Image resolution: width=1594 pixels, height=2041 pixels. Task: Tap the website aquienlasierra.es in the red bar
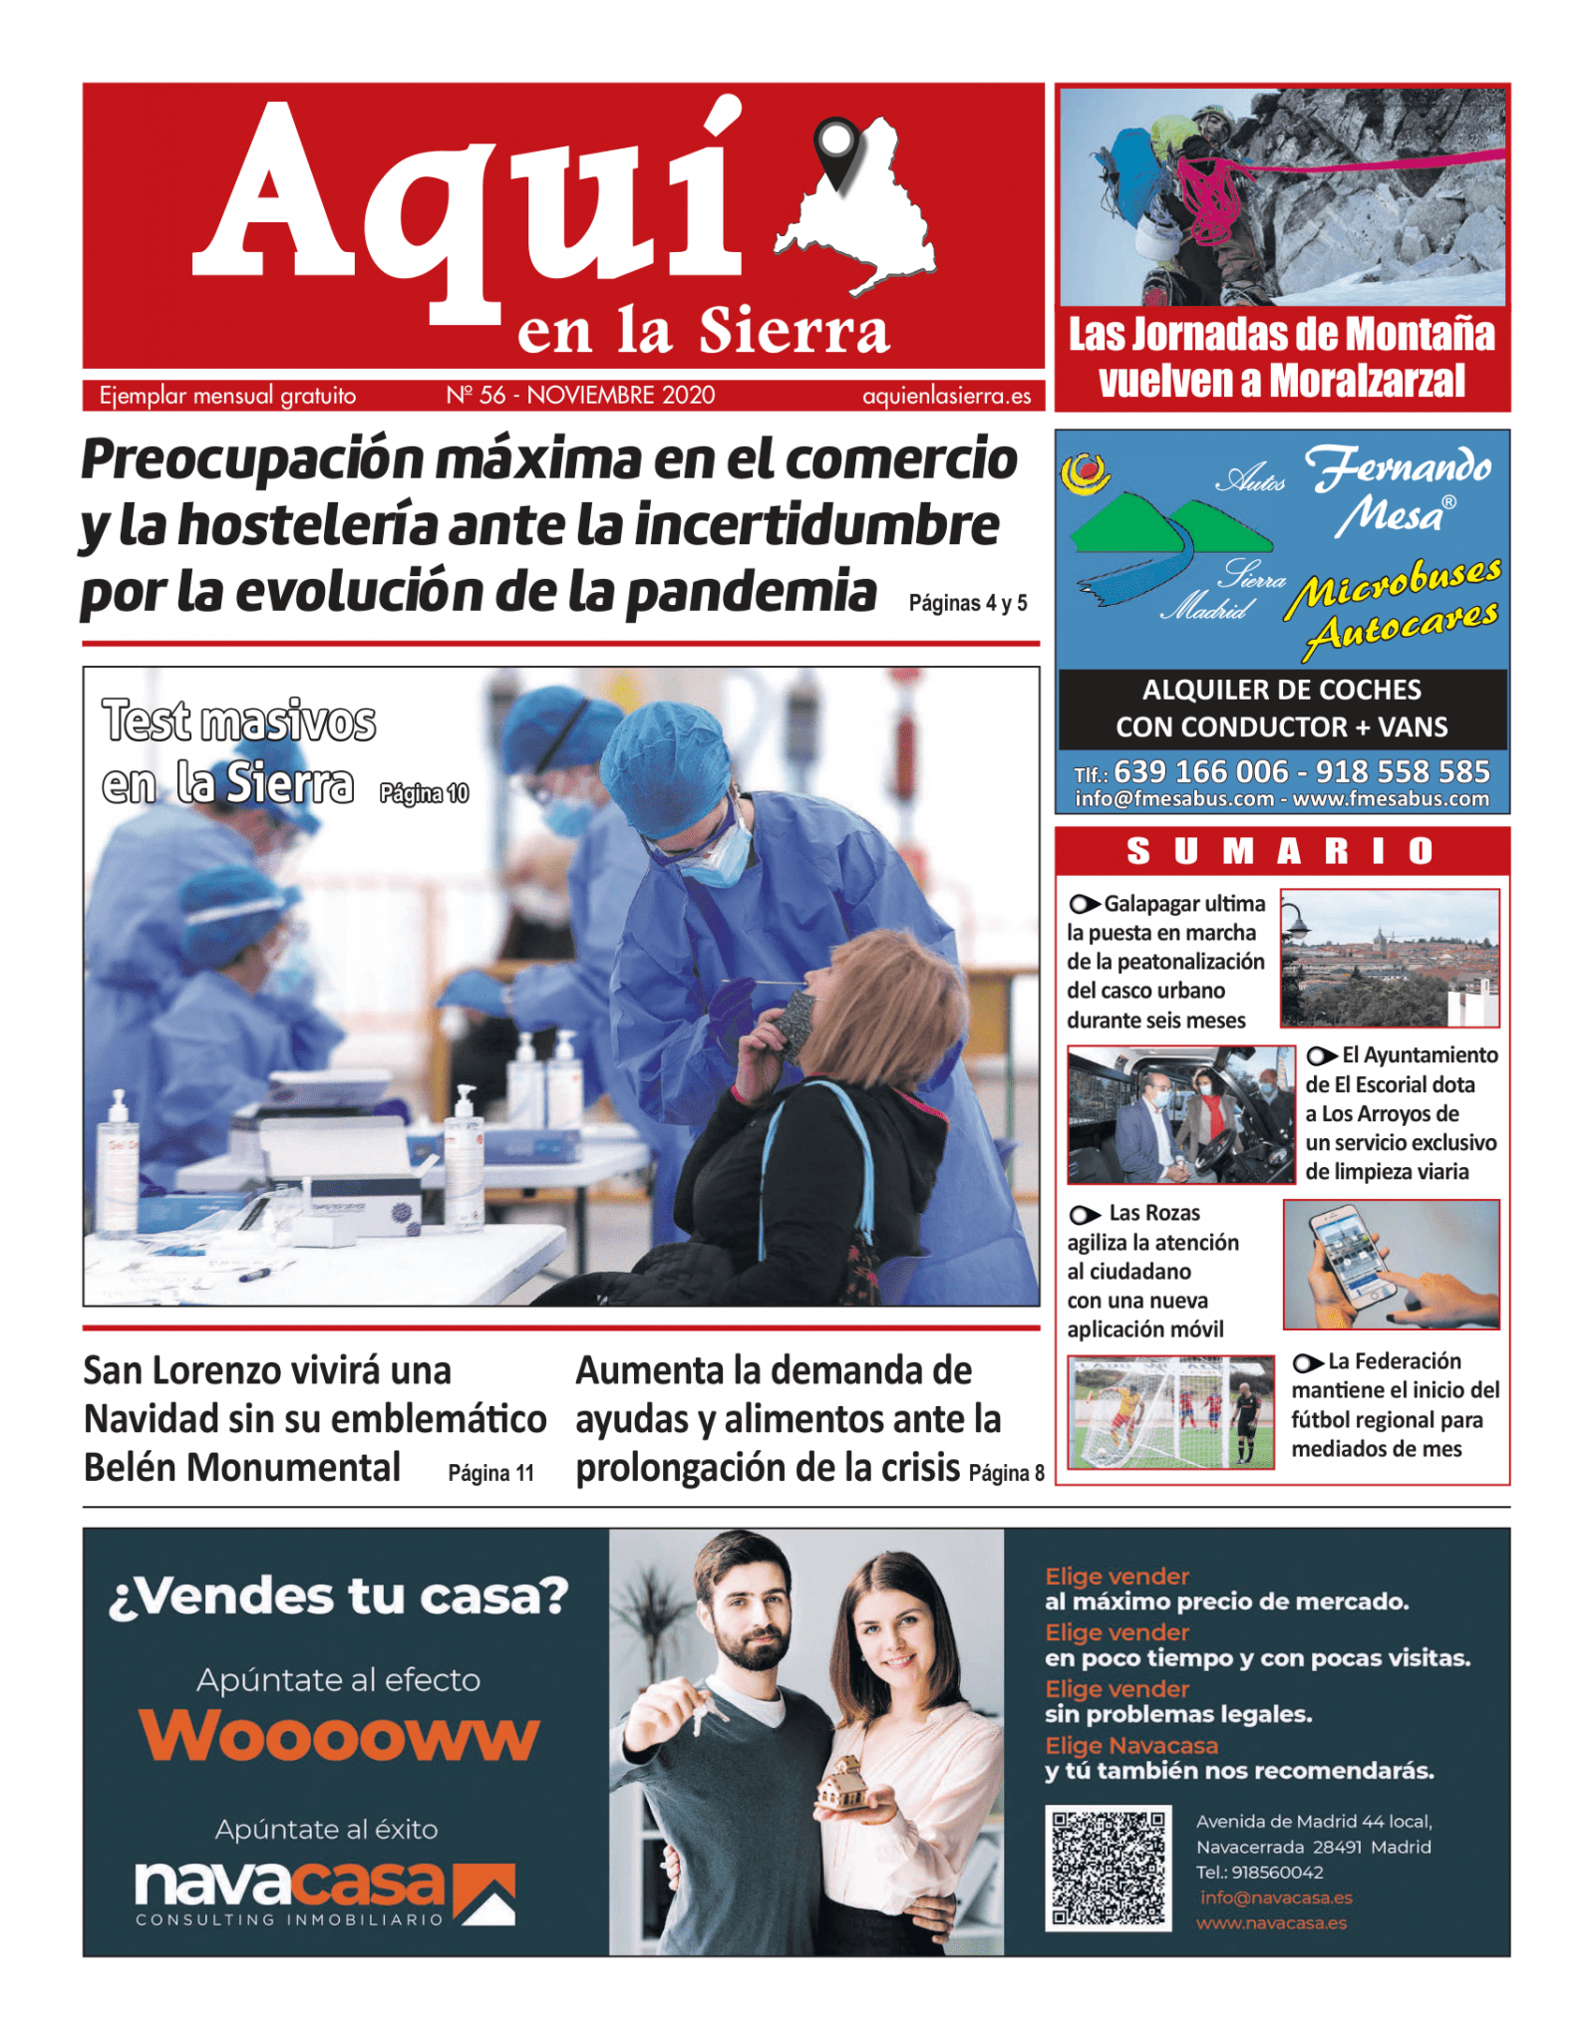click(946, 396)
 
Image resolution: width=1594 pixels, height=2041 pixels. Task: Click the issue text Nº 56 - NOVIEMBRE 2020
click(580, 396)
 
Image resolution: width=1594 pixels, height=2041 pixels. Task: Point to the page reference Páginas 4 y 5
click(967, 603)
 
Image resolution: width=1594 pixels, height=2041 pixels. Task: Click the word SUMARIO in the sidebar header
click(1281, 851)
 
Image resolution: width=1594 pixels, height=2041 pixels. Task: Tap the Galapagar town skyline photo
click(1389, 958)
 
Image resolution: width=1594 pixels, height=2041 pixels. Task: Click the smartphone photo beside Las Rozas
click(1390, 1264)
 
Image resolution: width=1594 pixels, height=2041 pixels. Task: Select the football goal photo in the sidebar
click(1170, 1411)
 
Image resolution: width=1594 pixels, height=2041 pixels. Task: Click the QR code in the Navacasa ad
click(1108, 1869)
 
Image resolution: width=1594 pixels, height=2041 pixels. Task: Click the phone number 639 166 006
click(1200, 771)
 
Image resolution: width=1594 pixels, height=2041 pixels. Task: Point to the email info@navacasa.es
click(1275, 1897)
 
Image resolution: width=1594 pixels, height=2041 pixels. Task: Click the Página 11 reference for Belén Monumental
click(490, 1473)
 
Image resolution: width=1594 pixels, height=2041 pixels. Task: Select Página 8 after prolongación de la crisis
click(1006, 1473)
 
